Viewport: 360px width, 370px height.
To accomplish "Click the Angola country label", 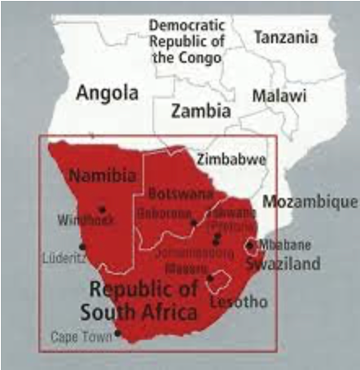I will coord(107,94).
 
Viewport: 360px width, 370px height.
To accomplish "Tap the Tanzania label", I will coord(284,37).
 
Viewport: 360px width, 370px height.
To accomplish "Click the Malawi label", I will coord(279,96).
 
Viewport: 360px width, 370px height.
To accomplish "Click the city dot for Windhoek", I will coord(102,209).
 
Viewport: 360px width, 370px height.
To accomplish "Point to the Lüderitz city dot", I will coord(81,246).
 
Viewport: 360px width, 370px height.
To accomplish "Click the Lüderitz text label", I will coord(64,258).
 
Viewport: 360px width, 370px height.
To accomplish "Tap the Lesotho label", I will coord(238,302).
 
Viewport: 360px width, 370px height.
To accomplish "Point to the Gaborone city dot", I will coord(193,222).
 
